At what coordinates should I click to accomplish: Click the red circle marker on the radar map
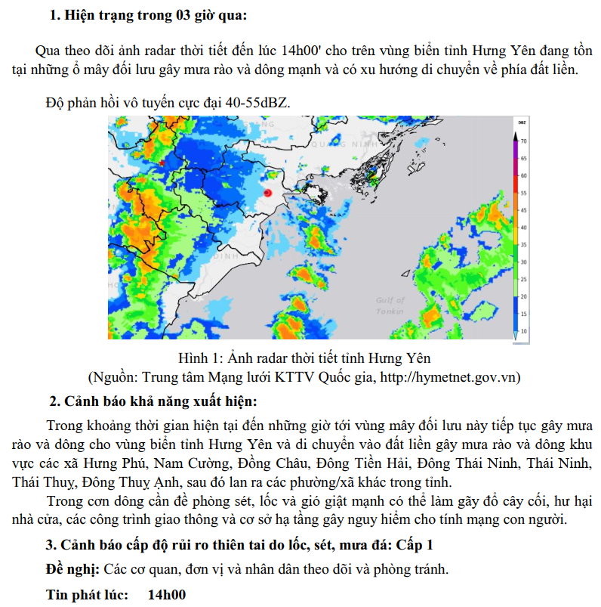point(267,194)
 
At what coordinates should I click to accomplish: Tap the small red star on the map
point(162,163)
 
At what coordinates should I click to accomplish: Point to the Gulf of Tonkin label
point(390,305)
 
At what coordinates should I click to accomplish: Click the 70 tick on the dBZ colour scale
point(522,141)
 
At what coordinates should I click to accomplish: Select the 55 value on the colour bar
point(522,193)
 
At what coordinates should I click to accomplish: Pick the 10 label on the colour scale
point(522,331)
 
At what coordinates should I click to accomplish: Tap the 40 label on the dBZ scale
point(522,228)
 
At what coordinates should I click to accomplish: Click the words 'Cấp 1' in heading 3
point(415,544)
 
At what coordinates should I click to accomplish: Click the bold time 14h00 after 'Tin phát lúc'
point(167,594)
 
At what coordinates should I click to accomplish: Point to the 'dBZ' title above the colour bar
point(522,122)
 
